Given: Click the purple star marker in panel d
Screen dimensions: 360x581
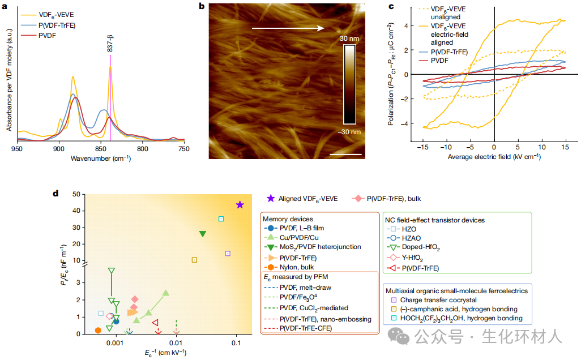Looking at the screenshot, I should (x=240, y=204).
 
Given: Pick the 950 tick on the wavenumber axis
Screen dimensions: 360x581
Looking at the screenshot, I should (x=17, y=148).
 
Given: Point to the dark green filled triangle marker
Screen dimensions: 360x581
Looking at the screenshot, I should (x=203, y=234).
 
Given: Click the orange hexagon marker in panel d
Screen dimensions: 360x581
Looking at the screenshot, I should (x=98, y=330).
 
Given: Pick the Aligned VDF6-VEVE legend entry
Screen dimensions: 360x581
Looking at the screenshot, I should (x=303, y=199).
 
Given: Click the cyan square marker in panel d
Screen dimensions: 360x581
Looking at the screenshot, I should (x=221, y=218).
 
